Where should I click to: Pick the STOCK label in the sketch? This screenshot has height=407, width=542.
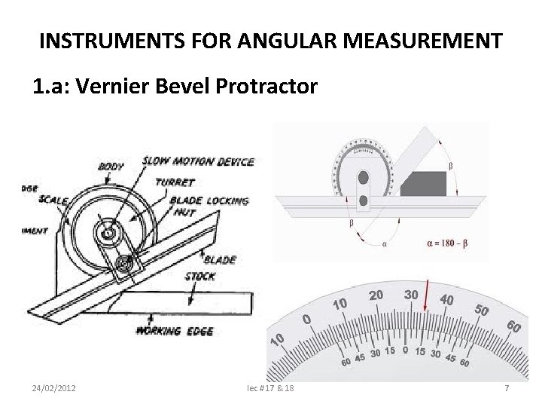(x=200, y=277)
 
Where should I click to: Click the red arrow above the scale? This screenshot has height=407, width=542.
(x=426, y=295)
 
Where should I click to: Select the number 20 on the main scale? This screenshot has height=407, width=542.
(x=378, y=295)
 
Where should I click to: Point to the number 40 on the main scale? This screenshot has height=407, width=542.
(x=446, y=300)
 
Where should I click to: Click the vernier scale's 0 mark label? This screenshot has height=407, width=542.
(x=406, y=350)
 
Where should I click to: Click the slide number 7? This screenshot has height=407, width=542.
(x=507, y=387)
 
